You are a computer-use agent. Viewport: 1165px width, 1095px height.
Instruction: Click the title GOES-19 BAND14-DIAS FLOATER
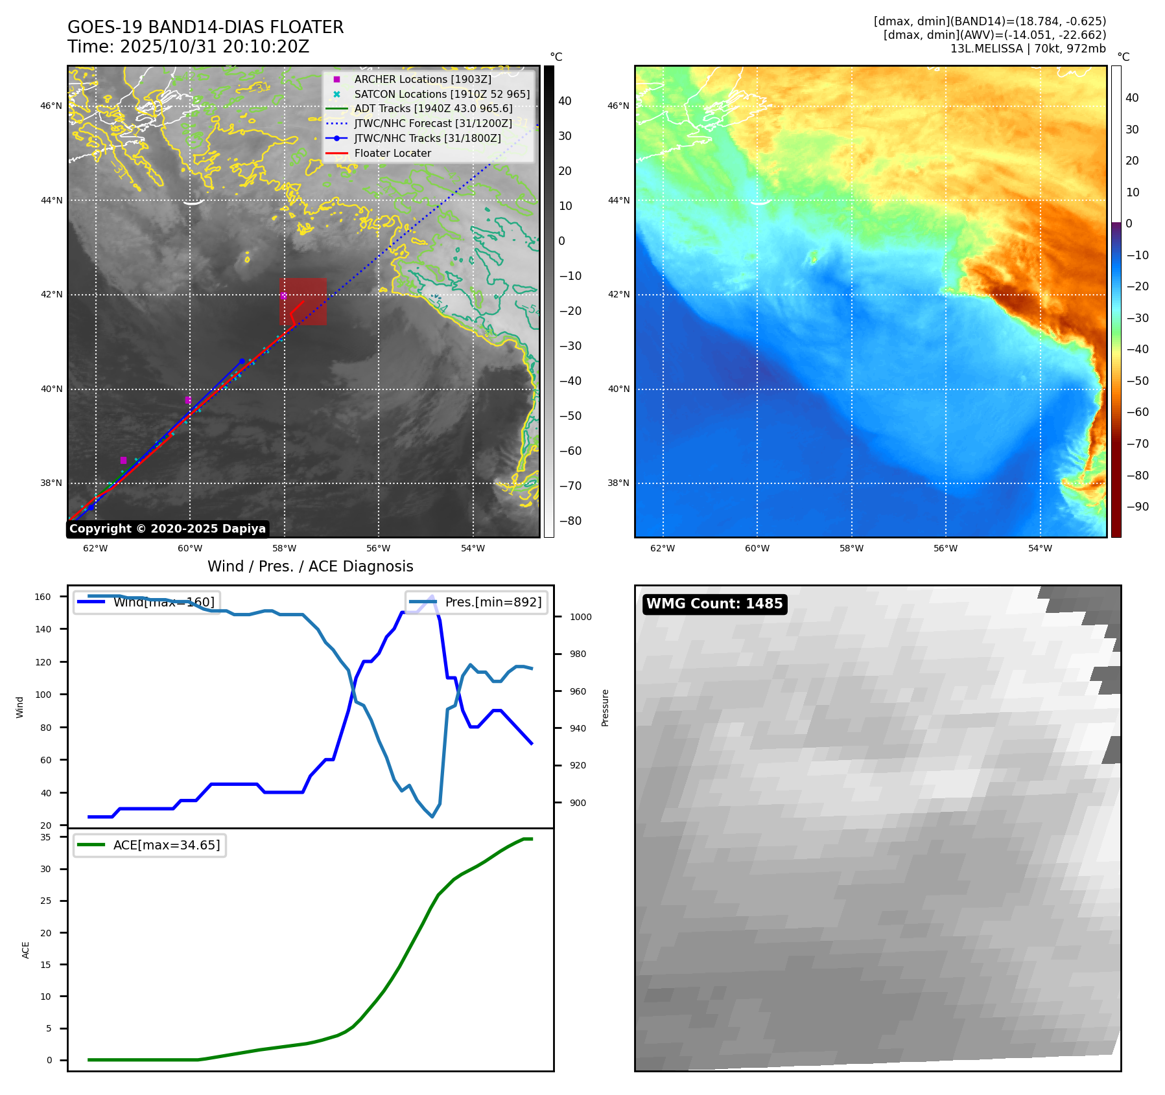(x=206, y=27)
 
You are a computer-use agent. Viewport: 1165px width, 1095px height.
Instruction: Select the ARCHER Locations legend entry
(x=422, y=79)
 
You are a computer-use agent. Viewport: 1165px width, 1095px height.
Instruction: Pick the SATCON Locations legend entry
(x=441, y=94)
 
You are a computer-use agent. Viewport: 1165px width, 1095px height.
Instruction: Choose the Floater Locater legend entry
(x=392, y=154)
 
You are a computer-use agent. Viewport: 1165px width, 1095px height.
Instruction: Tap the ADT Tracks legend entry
(x=433, y=109)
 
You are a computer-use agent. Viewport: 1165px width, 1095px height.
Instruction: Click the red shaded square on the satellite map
(x=303, y=301)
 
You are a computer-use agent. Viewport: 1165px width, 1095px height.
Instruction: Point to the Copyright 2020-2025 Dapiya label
(x=167, y=529)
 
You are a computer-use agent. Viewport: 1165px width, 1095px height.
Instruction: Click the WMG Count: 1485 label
(x=714, y=604)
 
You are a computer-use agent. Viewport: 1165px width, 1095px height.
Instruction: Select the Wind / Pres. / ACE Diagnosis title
(x=310, y=566)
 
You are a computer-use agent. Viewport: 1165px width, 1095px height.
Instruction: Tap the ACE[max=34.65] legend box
(x=150, y=845)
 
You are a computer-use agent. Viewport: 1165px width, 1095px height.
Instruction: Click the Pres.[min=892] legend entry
(x=477, y=602)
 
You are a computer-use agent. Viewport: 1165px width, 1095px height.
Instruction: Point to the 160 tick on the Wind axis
(x=43, y=597)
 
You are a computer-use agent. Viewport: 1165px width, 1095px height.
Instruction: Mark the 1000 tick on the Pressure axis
(x=580, y=617)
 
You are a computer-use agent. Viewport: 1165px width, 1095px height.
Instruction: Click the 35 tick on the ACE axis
(x=45, y=837)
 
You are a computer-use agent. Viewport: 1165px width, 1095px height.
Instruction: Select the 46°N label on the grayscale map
(x=51, y=106)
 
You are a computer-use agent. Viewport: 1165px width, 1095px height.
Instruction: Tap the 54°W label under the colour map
(x=1040, y=549)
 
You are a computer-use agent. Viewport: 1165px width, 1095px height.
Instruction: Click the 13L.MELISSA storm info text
(x=1028, y=49)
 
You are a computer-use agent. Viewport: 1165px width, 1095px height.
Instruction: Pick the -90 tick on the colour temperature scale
(x=1137, y=507)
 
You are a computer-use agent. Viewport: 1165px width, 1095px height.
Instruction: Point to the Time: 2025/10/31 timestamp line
(x=188, y=47)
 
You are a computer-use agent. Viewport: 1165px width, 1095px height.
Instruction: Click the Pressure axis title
(x=605, y=707)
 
